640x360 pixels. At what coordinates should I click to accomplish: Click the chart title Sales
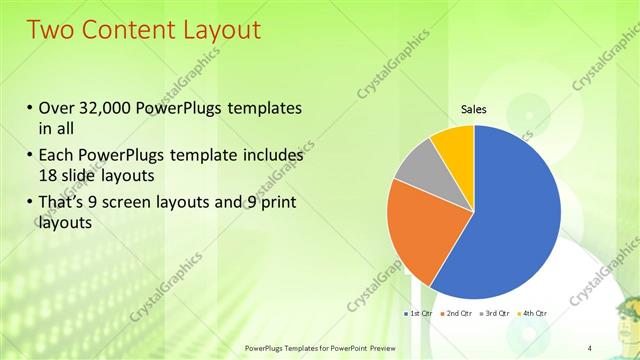(x=474, y=109)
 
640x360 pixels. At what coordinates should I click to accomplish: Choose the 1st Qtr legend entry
(x=417, y=313)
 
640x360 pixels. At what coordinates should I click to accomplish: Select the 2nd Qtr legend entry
(x=459, y=313)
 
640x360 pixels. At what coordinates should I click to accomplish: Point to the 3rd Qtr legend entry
(x=498, y=313)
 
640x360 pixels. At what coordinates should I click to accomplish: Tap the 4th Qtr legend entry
(x=535, y=313)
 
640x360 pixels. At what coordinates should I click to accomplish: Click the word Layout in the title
(x=216, y=29)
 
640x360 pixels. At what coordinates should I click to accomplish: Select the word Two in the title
(x=50, y=29)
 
